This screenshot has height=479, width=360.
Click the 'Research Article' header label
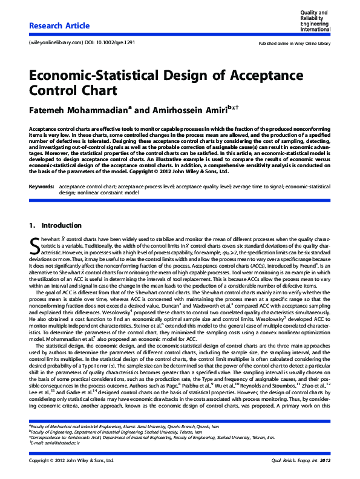pyautogui.click(x=59, y=26)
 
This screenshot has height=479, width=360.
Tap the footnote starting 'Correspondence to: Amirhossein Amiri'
pyautogui.click(x=151, y=437)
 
